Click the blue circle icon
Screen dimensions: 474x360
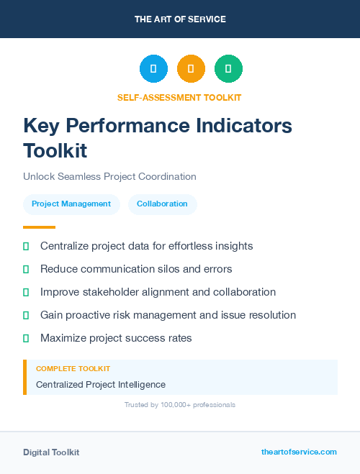[153, 68]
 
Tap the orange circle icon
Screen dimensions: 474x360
[191, 68]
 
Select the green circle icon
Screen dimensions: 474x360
[228, 68]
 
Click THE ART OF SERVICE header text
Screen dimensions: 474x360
[180, 19]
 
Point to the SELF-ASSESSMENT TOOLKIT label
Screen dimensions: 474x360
[179, 97]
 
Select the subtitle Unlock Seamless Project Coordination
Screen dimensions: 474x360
[109, 176]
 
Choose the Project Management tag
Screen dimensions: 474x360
[71, 204]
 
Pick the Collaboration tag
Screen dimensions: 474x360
[162, 204]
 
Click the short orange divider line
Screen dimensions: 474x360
[39, 227]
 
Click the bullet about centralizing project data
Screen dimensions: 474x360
[146, 246]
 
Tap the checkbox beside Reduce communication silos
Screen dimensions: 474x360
[26, 269]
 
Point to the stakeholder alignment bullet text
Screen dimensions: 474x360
[158, 292]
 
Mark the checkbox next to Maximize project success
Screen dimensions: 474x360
[26, 338]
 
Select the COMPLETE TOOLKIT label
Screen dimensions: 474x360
[73, 368]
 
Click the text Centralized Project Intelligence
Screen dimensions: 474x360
[100, 384]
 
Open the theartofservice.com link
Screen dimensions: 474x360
[299, 452]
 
